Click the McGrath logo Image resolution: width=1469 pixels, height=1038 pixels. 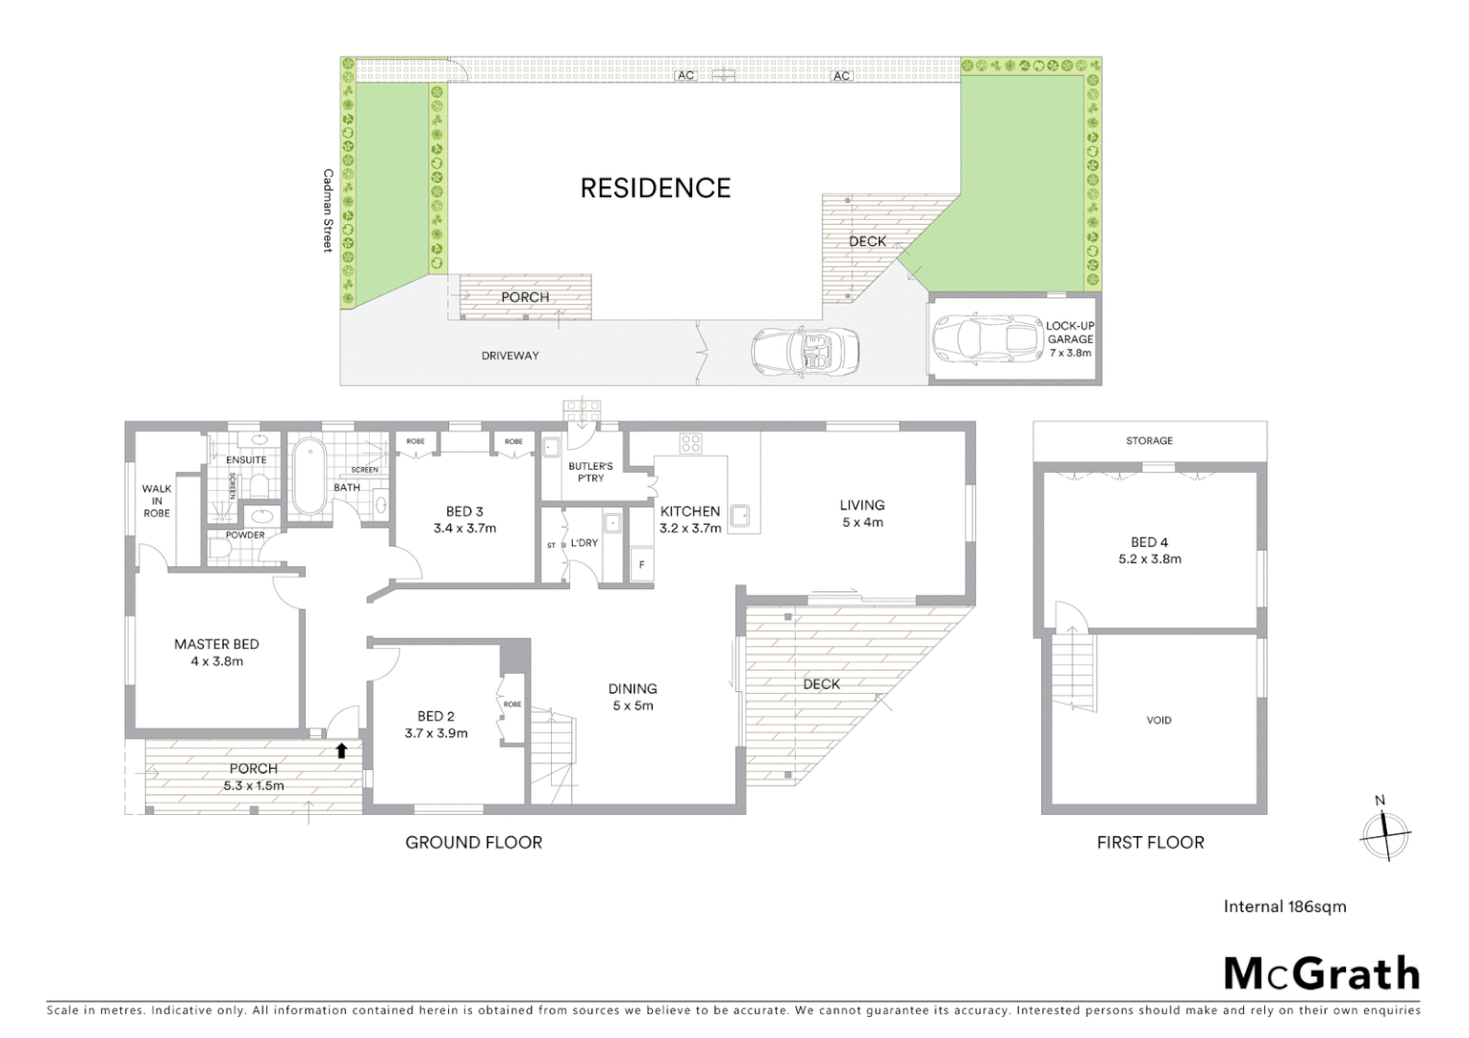pos(1322,974)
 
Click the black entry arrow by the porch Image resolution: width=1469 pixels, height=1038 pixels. pos(341,750)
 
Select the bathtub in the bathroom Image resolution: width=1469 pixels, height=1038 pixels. pos(310,478)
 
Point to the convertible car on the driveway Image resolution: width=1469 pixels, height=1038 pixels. pos(806,351)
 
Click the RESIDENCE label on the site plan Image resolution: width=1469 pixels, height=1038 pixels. pos(655,187)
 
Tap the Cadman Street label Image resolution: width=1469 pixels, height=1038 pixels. pos(328,210)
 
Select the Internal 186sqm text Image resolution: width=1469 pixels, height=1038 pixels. pos(1284,906)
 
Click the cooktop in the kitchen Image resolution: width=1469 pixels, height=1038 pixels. pos(691,443)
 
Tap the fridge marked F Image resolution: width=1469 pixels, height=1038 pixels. pos(641,564)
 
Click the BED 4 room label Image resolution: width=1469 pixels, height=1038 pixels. pos(1150,542)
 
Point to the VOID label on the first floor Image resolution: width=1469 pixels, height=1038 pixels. pos(1158,720)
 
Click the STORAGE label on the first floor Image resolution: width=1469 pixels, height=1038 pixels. pos(1150,441)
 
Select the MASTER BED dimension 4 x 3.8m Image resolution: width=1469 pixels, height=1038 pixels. pos(216,661)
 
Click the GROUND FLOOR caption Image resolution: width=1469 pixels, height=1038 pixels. pos(473,842)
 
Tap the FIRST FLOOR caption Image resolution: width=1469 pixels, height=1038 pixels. pos(1150,842)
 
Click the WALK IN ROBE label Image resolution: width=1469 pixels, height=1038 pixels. pos(157,501)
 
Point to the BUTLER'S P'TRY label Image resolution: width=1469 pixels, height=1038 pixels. pos(590,472)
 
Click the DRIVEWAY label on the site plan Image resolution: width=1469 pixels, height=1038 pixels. pos(510,356)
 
